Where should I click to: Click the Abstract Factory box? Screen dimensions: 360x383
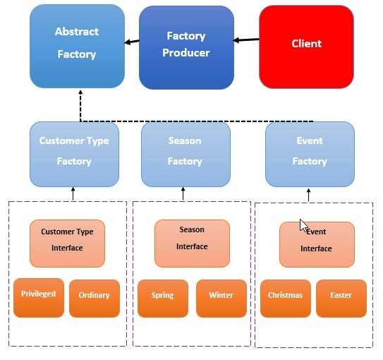tap(77, 46)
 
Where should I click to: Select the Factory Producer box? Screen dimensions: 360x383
tap(186, 47)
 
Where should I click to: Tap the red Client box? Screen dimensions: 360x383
tap(306, 47)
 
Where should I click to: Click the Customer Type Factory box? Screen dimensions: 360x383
tap(74, 154)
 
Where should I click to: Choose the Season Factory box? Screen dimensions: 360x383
tap(186, 154)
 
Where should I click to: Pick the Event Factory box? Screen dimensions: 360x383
tap(310, 154)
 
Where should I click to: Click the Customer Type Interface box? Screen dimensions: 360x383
tap(67, 243)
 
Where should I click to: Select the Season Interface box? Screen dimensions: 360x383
tap(192, 243)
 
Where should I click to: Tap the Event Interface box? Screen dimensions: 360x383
tap(317, 244)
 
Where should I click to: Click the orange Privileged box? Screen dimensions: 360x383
tap(39, 297)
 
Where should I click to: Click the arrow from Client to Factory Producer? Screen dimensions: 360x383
tap(246, 40)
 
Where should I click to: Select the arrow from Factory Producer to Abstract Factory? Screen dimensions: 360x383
tap(132, 42)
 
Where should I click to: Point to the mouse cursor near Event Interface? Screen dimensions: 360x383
tap(303, 225)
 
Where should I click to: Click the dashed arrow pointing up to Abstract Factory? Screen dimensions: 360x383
tap(80, 106)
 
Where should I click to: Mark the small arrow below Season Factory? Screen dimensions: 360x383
tap(183, 193)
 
